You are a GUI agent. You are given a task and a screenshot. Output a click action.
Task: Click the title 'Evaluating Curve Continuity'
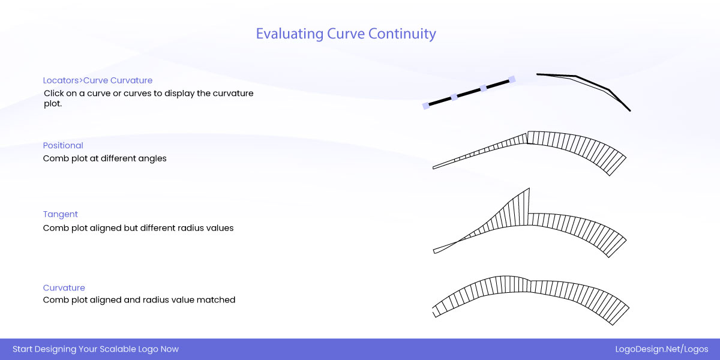[346, 34]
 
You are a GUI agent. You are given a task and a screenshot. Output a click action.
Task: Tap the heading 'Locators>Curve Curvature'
[98, 80]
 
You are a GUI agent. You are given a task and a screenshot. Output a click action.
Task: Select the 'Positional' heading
[63, 145]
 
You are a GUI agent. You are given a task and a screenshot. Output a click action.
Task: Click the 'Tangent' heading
[61, 214]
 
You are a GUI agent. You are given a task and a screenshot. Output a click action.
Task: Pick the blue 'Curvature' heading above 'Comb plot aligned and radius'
[64, 287]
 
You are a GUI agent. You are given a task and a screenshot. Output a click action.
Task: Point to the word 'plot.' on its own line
[53, 104]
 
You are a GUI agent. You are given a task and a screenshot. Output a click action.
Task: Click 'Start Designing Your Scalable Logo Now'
[96, 349]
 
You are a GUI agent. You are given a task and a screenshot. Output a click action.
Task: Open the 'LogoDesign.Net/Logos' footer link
[662, 349]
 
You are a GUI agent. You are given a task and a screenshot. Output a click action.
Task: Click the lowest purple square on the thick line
[426, 106]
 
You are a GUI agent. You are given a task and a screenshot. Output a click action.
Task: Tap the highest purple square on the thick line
[512, 79]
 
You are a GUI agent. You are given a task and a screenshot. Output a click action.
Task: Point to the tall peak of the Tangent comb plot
[529, 188]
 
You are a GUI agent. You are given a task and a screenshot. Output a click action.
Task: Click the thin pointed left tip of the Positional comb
[433, 167]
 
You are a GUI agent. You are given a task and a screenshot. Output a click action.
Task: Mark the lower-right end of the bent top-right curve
[630, 111]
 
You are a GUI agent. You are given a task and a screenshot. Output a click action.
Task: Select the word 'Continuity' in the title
[402, 34]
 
